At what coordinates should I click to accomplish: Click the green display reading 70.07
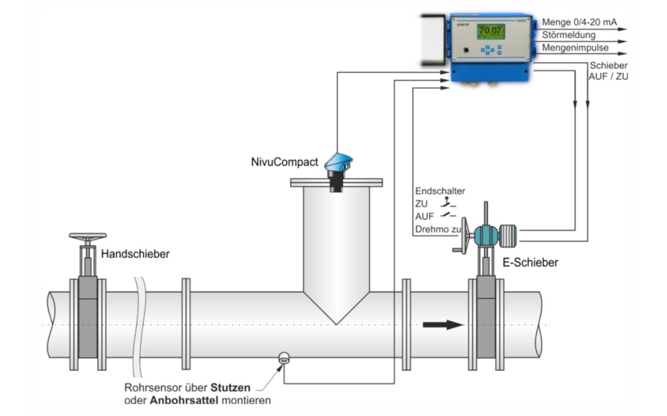489,31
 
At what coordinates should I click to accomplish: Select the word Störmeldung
568,35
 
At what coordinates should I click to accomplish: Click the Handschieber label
135,254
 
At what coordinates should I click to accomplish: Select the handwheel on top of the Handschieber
87,236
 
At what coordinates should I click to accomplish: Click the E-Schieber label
532,262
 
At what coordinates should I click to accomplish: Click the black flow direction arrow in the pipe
442,325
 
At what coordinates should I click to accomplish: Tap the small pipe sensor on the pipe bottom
284,358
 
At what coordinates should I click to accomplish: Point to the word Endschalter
440,191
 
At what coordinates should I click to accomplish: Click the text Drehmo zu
437,230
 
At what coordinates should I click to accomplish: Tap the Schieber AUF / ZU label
609,71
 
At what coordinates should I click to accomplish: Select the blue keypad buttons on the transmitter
490,50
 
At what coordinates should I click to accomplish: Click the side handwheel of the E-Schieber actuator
463,234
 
